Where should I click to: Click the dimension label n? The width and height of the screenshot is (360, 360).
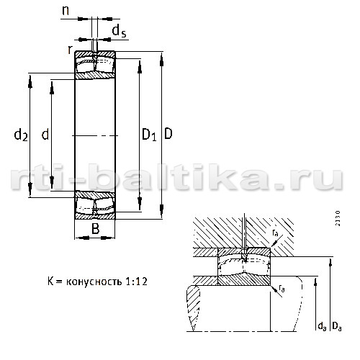[x=66, y=11]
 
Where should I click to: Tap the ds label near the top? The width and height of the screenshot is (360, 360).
[x=120, y=31]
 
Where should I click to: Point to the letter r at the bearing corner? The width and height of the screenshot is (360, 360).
[x=70, y=50]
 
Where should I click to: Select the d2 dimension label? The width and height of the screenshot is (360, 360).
[x=21, y=135]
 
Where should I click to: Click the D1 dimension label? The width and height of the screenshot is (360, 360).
[x=149, y=135]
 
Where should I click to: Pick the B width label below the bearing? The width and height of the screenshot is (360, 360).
[x=96, y=229]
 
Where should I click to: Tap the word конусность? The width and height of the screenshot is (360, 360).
[x=94, y=282]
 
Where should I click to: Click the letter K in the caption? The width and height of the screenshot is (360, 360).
[x=50, y=282]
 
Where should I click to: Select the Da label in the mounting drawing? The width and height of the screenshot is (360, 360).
[x=337, y=326]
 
